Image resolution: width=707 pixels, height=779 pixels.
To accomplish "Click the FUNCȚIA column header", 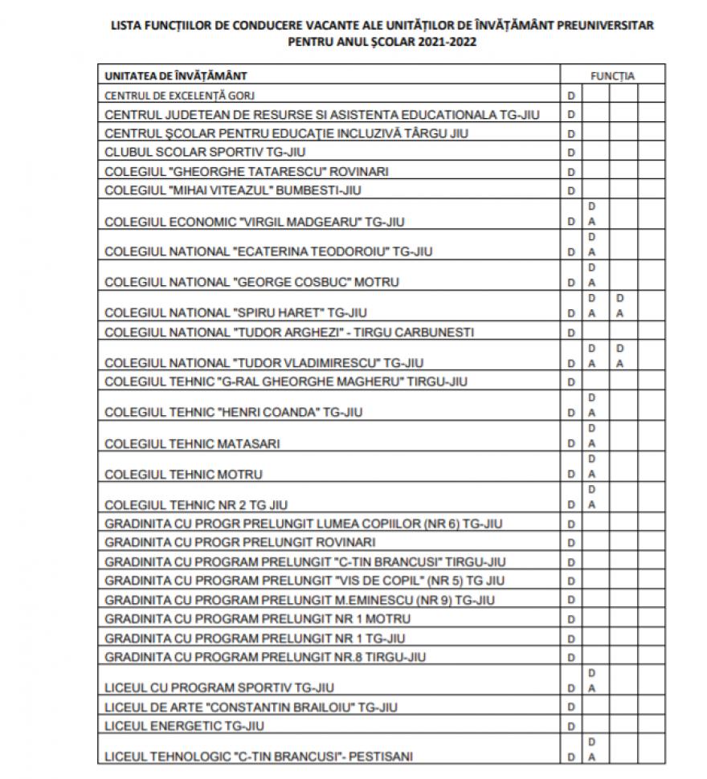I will (612, 76).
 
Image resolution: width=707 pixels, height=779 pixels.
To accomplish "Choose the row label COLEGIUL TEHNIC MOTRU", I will (183, 474).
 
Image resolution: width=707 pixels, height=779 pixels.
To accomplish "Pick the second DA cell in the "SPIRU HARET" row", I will (619, 305).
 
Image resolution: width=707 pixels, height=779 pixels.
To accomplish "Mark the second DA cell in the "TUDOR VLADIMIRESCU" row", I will (619, 356).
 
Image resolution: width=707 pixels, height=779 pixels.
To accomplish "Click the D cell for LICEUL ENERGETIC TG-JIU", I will (571, 727).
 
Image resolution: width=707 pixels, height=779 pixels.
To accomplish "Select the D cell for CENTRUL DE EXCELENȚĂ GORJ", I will (571, 96).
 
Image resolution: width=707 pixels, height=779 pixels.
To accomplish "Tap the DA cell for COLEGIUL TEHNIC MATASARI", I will (592, 436).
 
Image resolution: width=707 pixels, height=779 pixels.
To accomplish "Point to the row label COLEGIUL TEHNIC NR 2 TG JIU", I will (196, 505).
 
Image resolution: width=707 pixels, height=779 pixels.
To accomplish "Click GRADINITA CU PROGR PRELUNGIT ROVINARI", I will (240, 542).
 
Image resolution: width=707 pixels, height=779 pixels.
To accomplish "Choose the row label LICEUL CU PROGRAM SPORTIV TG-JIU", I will (219, 687).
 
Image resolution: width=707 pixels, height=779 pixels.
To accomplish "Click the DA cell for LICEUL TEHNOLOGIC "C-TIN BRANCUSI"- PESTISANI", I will (592, 748).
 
